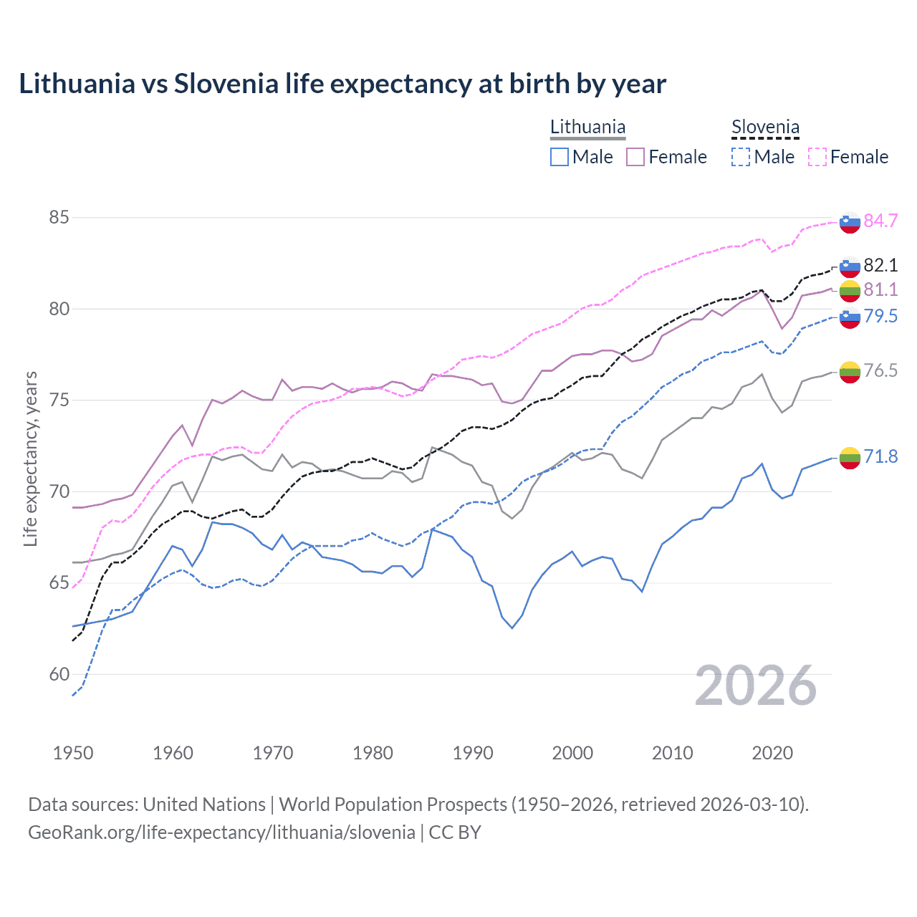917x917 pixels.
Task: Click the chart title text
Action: pos(342,84)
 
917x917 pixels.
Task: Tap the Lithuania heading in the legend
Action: pos(587,127)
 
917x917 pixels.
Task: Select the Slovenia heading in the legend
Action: pos(765,127)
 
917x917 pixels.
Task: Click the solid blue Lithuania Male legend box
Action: pos(560,157)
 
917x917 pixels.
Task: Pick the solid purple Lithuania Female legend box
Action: pos(635,157)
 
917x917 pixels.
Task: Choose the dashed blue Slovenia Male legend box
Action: pos(741,157)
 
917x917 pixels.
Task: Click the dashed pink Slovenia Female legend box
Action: pos(817,157)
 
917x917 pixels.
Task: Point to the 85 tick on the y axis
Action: pos(59,217)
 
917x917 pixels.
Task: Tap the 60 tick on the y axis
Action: pos(59,674)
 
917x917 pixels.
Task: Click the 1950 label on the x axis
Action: pos(73,753)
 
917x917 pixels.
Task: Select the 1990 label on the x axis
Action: pos(473,753)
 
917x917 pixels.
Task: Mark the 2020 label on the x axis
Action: pos(772,753)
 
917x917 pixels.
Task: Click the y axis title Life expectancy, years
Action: pos(30,458)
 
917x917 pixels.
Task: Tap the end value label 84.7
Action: pos(880,221)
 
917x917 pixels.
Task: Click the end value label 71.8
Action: pos(880,456)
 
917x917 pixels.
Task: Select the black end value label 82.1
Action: pos(880,265)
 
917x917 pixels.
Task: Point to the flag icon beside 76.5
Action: pos(850,372)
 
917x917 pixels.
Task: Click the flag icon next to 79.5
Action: pos(850,317)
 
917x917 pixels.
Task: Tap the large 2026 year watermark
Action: pos(755,686)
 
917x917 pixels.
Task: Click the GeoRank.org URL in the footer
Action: pos(221,832)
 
